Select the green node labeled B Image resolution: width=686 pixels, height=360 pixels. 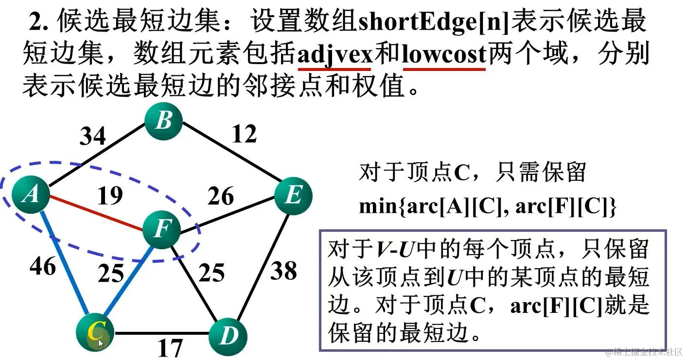pos(164,120)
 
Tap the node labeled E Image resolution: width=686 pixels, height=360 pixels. pos(293,196)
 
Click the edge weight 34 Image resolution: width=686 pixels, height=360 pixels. pos(92,136)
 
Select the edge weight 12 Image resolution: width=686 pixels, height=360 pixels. pos(244,134)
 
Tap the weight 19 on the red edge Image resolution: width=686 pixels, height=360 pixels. pos(109,196)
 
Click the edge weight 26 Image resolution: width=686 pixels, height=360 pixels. pos(221,196)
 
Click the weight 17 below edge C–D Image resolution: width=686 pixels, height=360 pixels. pos(170,348)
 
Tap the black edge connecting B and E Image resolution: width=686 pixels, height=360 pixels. pos(229,156)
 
